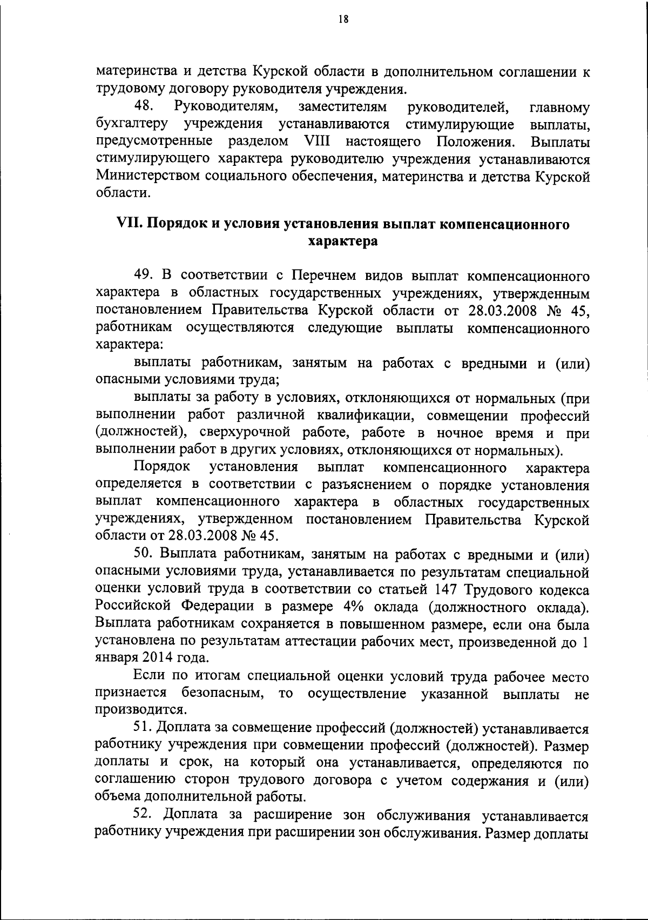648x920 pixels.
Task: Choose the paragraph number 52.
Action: pos(145,816)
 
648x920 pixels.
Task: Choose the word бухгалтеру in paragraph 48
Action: pos(132,125)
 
